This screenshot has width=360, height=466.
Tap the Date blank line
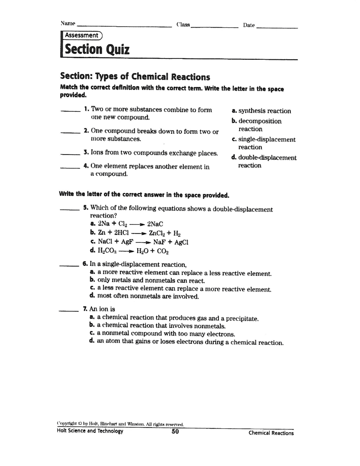(277, 28)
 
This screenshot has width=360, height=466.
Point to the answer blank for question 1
(70, 112)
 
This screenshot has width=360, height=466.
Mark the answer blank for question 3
(70, 154)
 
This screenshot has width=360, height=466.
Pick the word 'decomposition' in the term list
(260, 121)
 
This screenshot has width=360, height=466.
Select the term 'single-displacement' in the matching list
(267, 139)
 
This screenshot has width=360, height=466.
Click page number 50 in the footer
(175, 432)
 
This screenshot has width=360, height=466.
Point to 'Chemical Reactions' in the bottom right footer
(271, 433)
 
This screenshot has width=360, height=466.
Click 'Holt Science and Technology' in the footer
(90, 432)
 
